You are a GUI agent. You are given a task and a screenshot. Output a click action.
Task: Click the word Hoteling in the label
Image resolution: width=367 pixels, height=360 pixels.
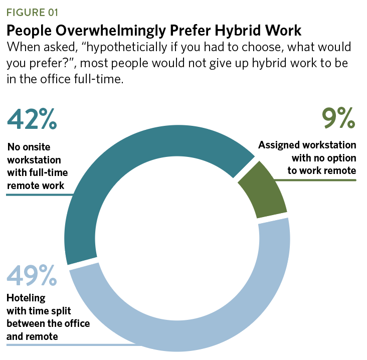point(26,298)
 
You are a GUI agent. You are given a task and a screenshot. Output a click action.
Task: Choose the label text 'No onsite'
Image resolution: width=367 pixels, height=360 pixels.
point(29,147)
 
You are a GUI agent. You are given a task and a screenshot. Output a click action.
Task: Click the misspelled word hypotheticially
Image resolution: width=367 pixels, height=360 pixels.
point(135,48)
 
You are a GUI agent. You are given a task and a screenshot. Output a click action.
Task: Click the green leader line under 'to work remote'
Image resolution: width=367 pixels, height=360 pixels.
point(321,179)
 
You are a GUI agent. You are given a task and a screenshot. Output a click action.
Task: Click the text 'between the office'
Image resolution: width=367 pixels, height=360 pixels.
point(48,323)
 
